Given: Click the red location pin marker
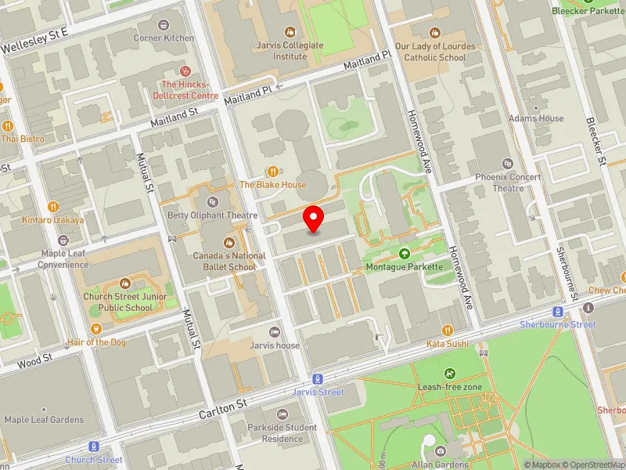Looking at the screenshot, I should click(x=314, y=219).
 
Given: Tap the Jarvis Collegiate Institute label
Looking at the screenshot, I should click(x=290, y=50).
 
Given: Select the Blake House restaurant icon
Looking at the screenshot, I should click(x=272, y=171).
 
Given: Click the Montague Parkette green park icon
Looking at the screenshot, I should click(x=404, y=253).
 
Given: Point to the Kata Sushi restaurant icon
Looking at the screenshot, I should click(x=447, y=330).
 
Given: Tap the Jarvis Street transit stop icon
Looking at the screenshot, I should click(x=318, y=379).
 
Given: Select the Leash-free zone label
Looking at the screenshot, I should click(x=450, y=387).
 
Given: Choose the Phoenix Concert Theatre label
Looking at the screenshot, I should click(x=508, y=183).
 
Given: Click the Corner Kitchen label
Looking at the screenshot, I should click(x=164, y=38).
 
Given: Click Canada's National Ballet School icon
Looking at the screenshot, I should click(x=229, y=242).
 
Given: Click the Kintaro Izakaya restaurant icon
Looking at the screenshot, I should click(x=52, y=206).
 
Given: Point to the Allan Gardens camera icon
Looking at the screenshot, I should click(x=440, y=451).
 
